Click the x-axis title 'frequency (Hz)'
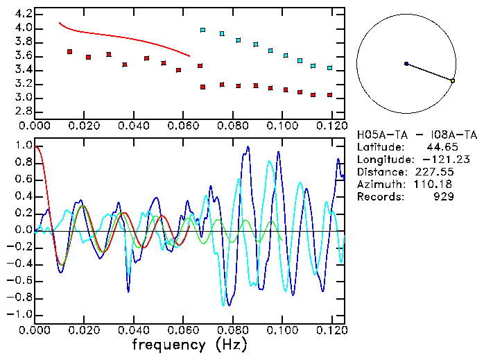(x=188, y=344)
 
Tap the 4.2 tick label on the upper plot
(x=23, y=14)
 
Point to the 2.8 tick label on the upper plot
(x=23, y=111)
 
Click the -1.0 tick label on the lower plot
(x=19, y=314)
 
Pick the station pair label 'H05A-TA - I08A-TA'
(x=417, y=135)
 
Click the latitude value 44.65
(x=440, y=147)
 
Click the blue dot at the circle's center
(x=406, y=64)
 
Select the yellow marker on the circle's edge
(x=453, y=81)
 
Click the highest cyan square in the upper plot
(x=202, y=31)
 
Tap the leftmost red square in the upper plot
(x=69, y=52)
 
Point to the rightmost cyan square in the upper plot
(x=329, y=68)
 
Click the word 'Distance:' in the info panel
(x=381, y=172)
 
